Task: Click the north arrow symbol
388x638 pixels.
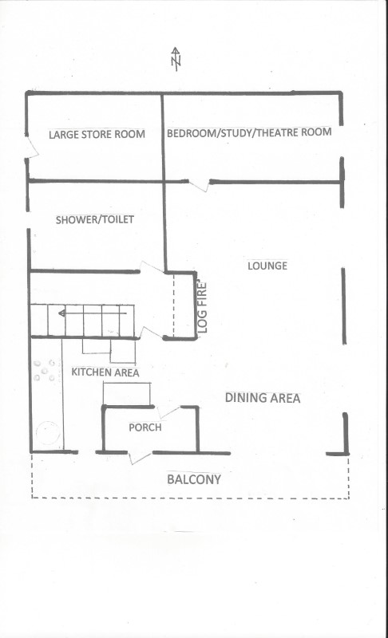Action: (176, 59)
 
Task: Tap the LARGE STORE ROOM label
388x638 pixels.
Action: (97, 134)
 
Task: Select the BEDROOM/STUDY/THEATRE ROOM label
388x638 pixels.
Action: (249, 132)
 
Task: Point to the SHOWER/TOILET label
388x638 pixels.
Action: (95, 220)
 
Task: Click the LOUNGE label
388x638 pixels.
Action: (267, 266)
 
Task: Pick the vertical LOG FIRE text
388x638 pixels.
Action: (203, 307)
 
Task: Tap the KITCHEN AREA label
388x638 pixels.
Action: (105, 372)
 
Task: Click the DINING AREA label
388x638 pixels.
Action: (263, 398)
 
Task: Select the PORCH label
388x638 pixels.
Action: (145, 427)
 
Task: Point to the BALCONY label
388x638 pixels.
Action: (194, 479)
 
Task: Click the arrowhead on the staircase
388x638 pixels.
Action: (62, 313)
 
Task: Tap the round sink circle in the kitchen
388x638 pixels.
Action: (48, 432)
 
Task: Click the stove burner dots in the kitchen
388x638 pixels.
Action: (44, 370)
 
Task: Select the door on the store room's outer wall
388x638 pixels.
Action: (32, 146)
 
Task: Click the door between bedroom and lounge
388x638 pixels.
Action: (199, 184)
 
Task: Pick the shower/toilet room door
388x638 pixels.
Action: (152, 267)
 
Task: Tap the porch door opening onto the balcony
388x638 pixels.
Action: (141, 457)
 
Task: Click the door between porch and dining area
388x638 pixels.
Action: (168, 412)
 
